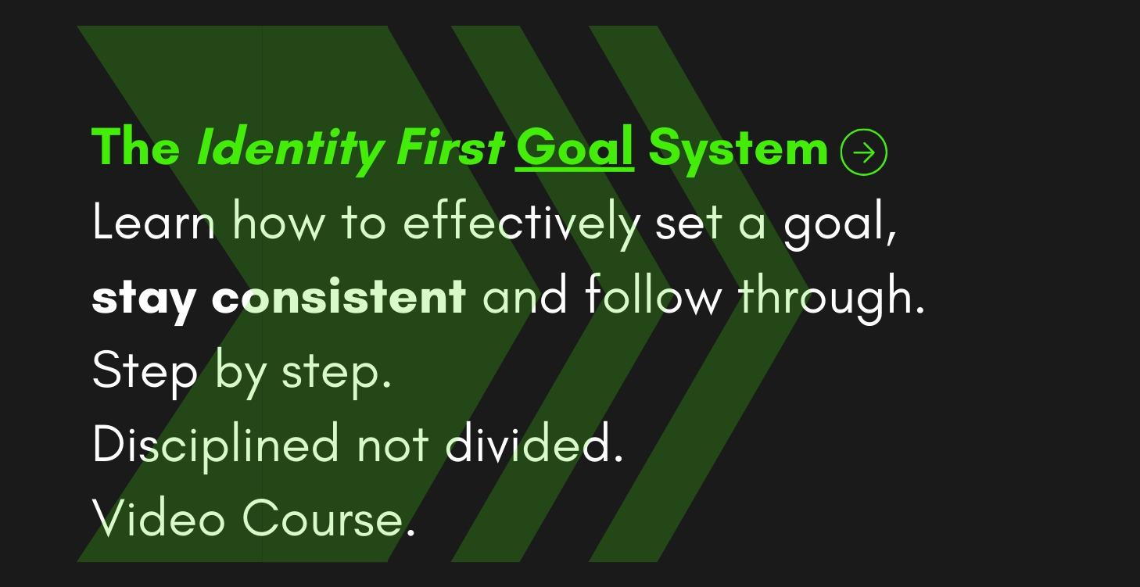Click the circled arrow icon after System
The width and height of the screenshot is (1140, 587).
863,152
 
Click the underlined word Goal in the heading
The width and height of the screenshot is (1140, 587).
574,147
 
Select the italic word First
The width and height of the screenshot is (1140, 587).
450,147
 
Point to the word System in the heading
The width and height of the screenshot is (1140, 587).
737,149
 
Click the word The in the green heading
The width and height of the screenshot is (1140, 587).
135,147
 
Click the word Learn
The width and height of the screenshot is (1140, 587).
153,222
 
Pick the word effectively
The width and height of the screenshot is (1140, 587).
520,223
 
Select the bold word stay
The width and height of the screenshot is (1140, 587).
143,298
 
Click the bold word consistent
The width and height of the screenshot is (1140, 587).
339,297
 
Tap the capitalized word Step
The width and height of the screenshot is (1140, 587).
145,371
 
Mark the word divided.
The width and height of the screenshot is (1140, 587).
534,444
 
